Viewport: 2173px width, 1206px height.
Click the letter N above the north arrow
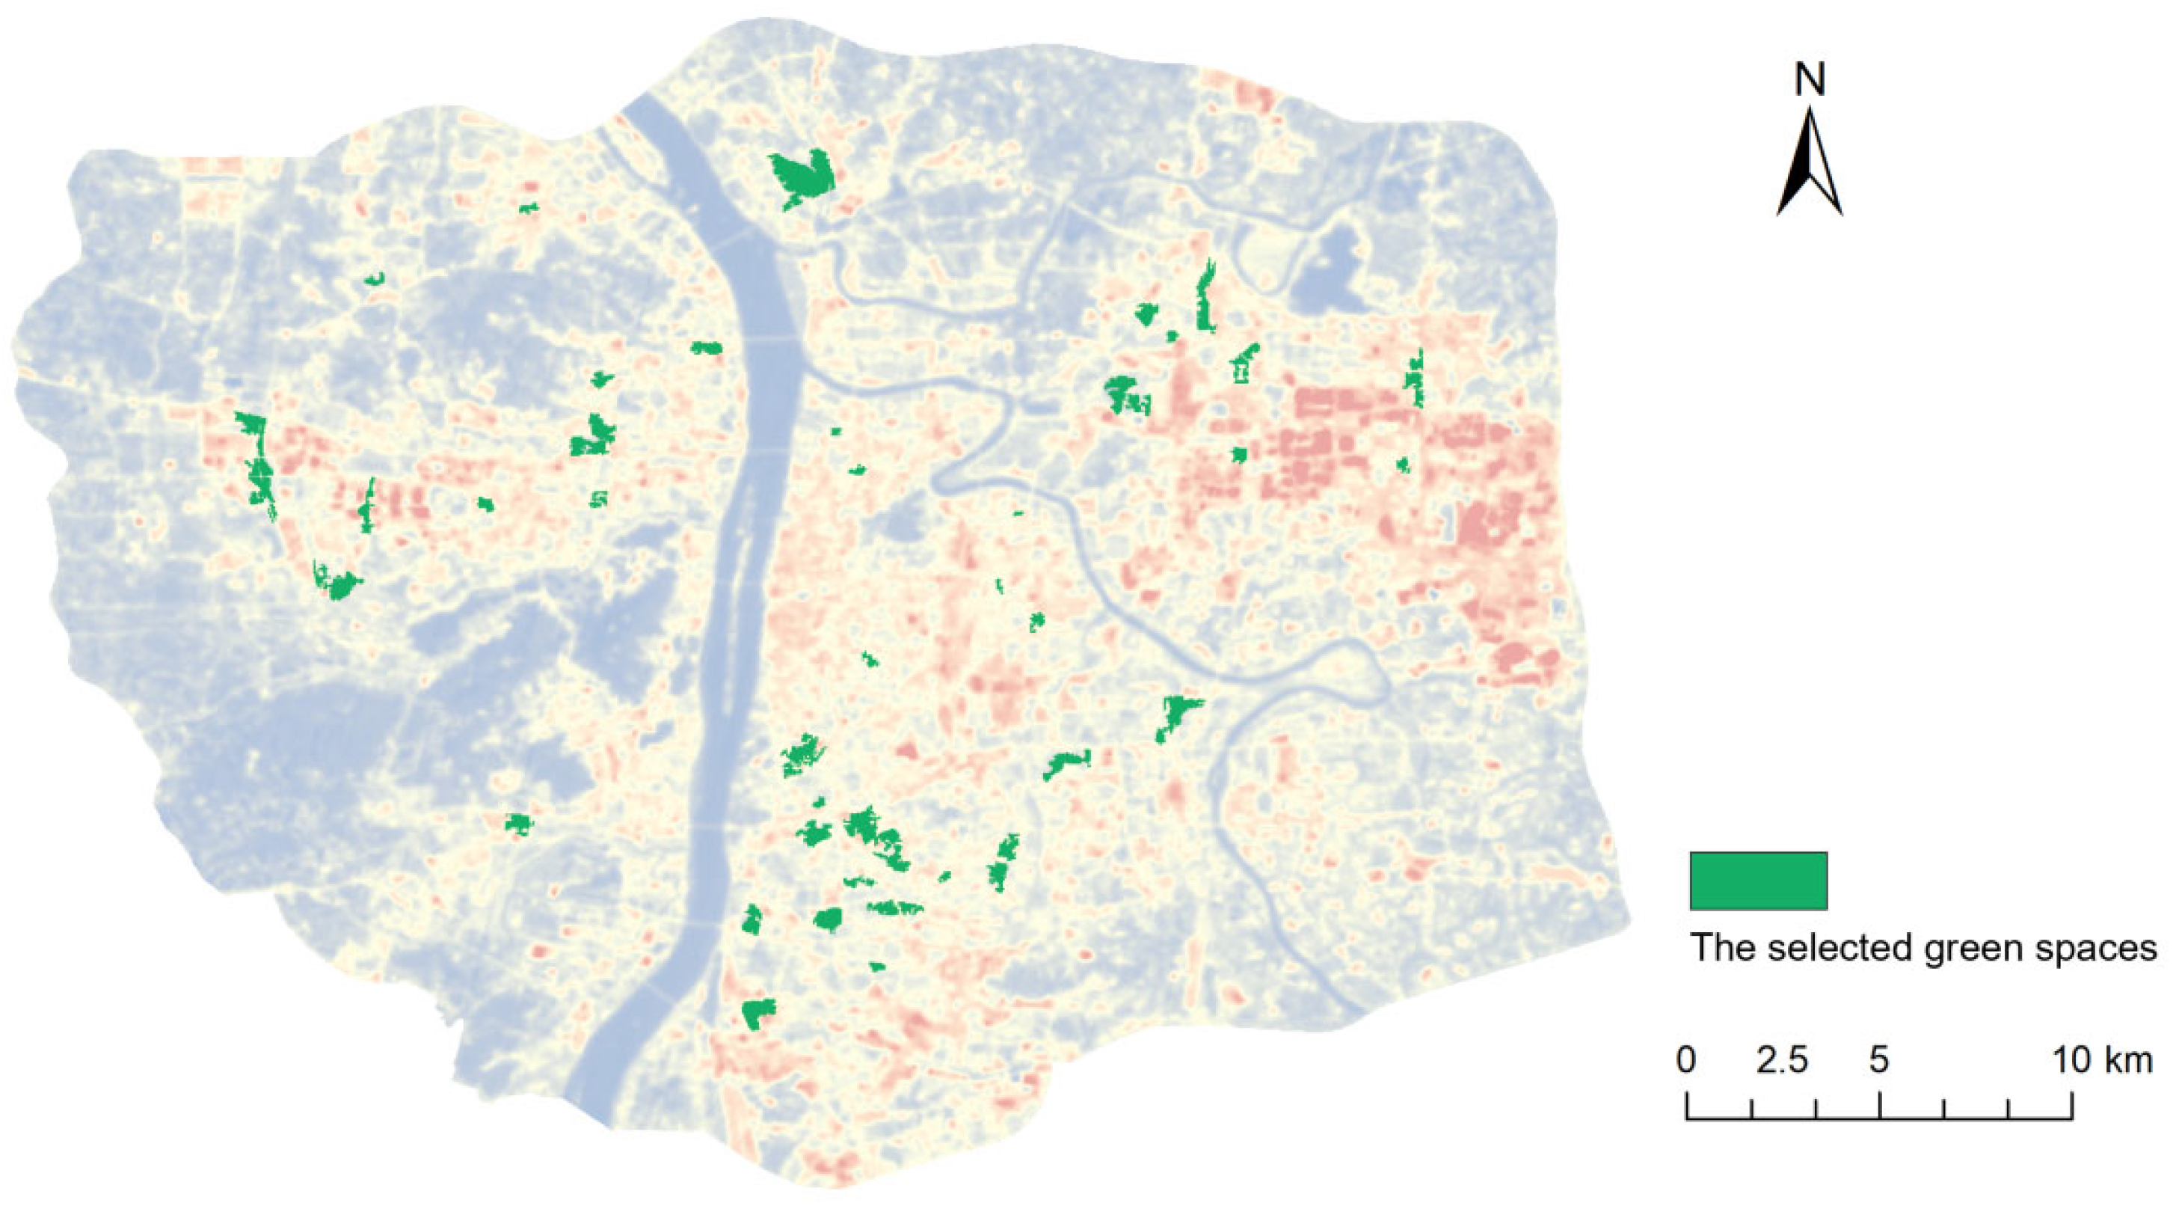click(1810, 79)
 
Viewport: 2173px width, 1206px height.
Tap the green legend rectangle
click(1758, 881)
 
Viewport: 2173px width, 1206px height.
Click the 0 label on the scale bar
click(1686, 1060)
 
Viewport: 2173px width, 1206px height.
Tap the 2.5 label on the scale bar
click(1783, 1060)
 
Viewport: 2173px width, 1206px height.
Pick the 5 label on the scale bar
click(1878, 1060)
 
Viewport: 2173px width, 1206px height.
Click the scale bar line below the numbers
click(1879, 1118)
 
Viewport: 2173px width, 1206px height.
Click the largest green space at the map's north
click(802, 178)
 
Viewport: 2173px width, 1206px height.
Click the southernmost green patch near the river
click(758, 1013)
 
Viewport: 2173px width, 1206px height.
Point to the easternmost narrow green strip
click(1415, 380)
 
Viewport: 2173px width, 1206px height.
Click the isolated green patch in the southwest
click(519, 823)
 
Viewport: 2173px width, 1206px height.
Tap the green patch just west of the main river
click(706, 347)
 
